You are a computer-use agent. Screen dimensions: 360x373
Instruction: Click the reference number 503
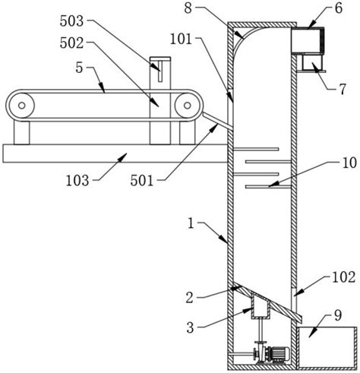pos(71,21)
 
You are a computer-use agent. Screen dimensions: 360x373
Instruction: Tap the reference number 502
pos(71,43)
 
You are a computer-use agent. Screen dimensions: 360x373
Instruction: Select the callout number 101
pos(181,40)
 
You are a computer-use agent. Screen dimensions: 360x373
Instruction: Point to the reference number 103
pos(77,181)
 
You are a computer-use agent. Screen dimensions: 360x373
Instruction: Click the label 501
pos(142,181)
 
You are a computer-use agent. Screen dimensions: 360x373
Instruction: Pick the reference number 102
pos(343,277)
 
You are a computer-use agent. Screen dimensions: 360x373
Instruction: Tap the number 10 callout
pos(349,163)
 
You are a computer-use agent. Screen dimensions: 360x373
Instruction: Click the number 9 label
pos(338,315)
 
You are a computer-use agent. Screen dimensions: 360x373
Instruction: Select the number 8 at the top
pos(188,8)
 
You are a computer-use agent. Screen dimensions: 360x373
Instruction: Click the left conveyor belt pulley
pos(22,106)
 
